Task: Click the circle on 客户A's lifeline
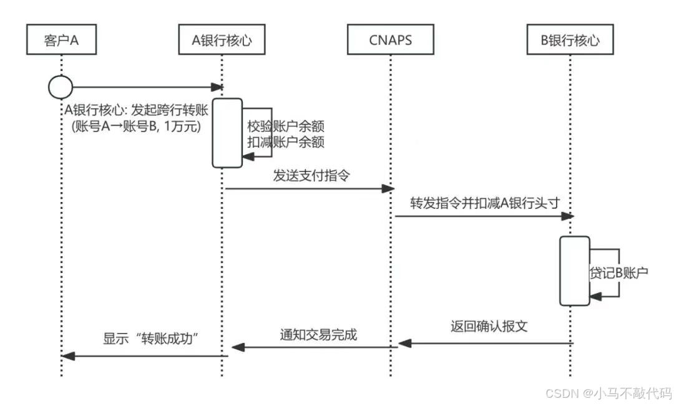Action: coord(61,87)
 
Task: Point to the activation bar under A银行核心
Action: coord(227,133)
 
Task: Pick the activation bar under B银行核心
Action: coord(574,271)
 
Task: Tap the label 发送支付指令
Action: coord(311,175)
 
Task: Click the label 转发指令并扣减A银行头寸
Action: coord(482,204)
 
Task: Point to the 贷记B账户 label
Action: coord(618,273)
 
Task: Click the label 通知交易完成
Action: coord(318,334)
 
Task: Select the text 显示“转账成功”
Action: coord(154,340)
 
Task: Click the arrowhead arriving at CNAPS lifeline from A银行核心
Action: coord(387,188)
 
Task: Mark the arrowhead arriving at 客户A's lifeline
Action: coord(68,356)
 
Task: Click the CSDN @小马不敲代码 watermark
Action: coord(608,393)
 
